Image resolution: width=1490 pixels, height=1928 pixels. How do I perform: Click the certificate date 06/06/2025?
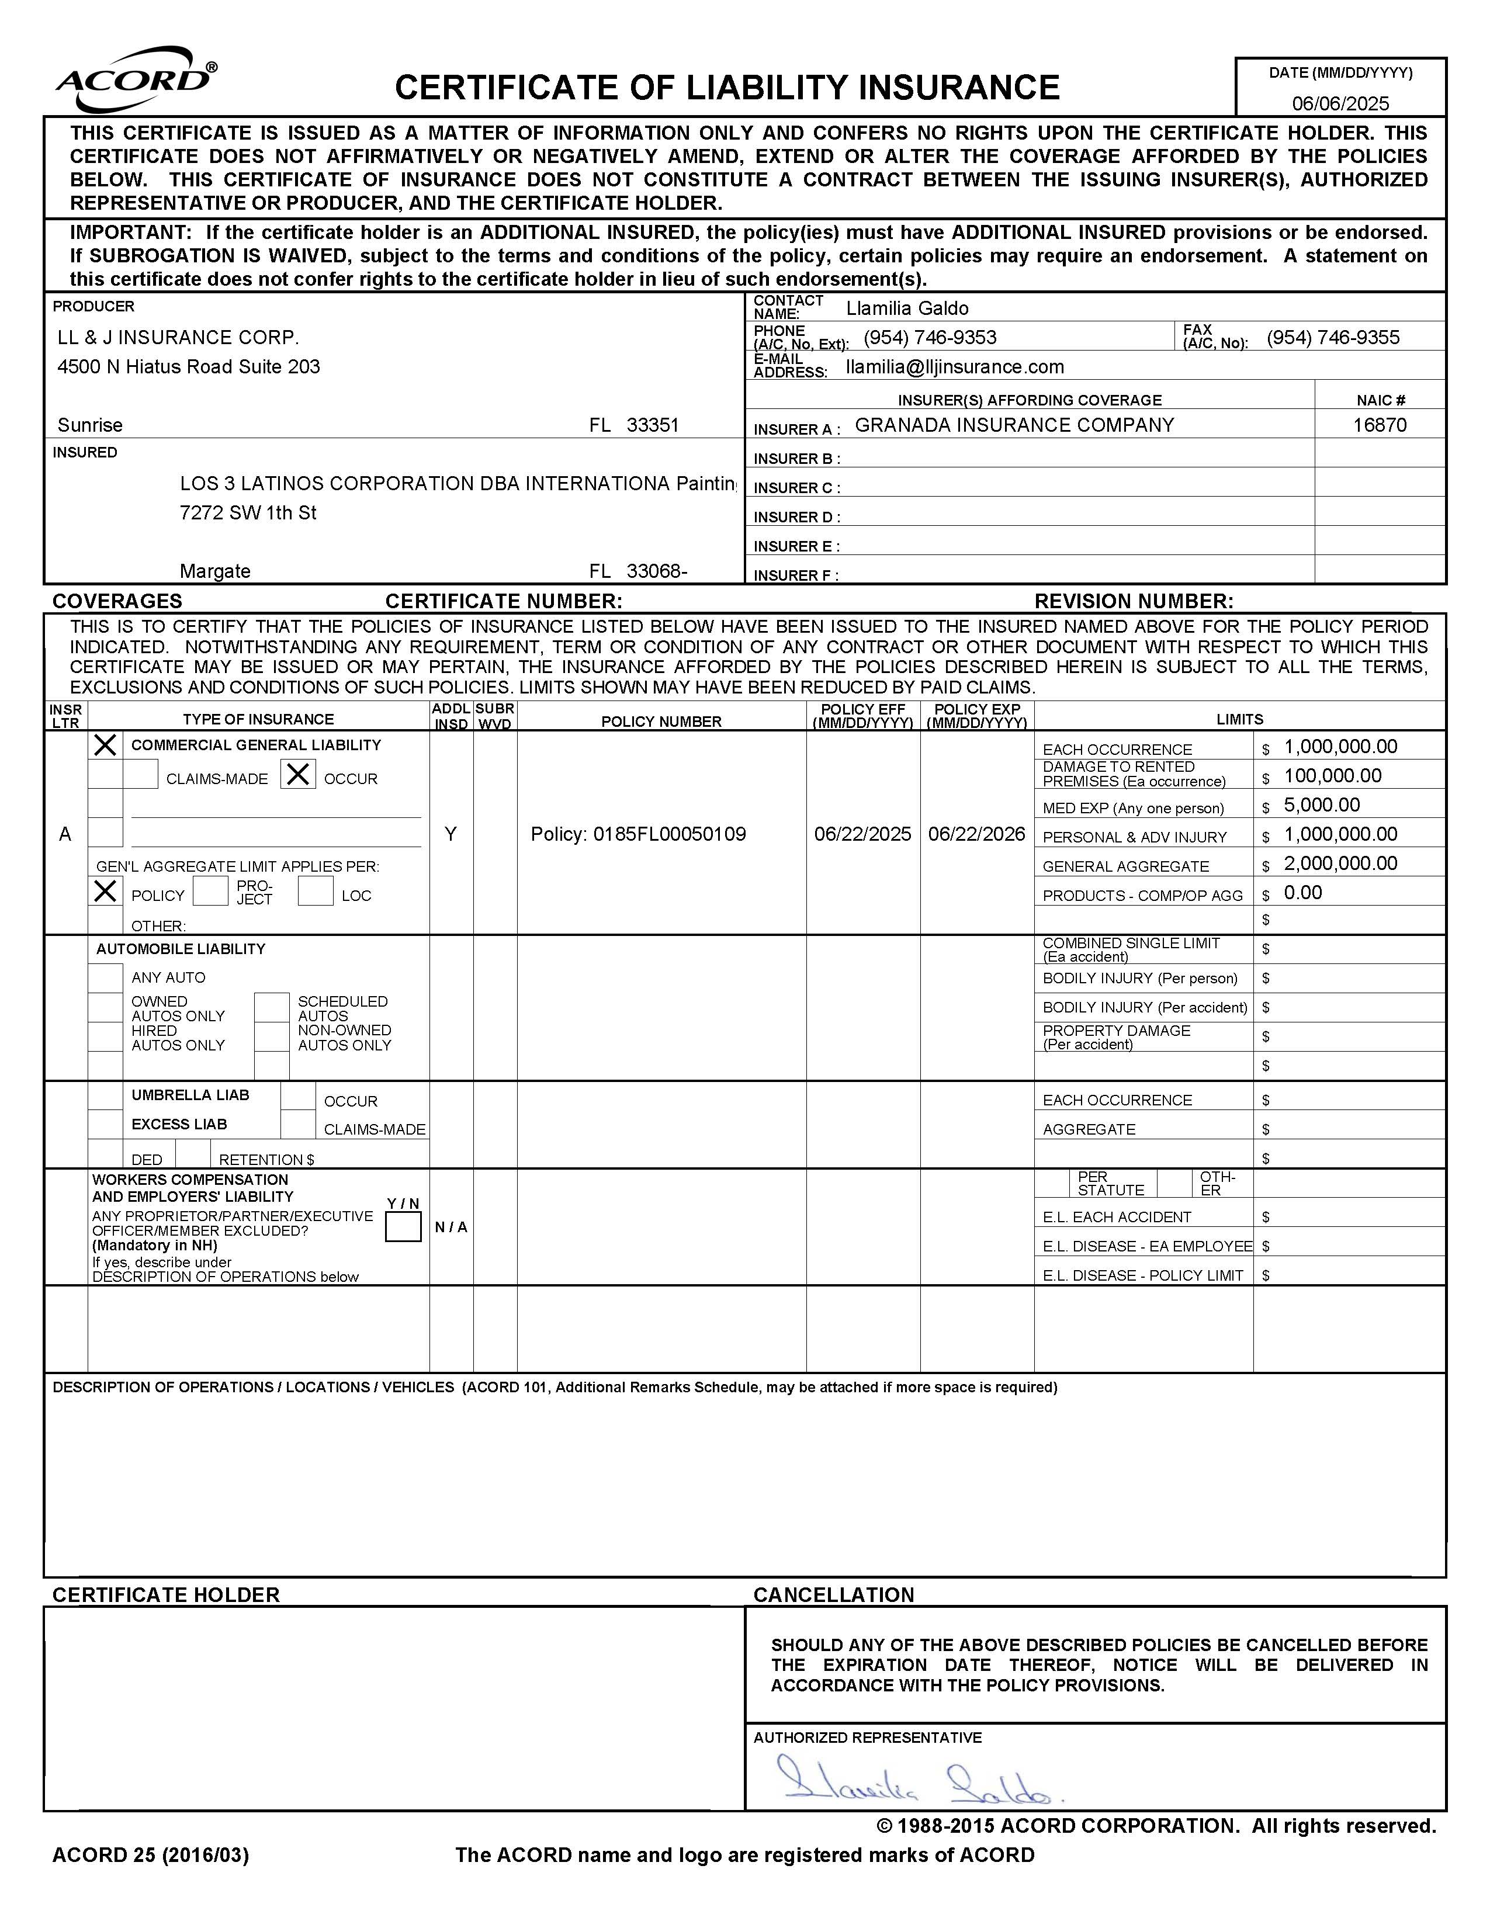coord(1340,103)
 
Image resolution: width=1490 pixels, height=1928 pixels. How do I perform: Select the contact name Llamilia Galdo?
coord(906,308)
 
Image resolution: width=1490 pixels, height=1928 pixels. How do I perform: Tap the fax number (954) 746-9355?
coord(1332,337)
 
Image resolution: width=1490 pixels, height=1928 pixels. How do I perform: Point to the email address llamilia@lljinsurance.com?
coord(954,366)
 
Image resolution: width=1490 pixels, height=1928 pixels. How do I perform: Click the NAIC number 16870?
coord(1379,425)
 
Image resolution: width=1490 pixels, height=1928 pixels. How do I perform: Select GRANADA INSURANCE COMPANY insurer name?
coord(1014,425)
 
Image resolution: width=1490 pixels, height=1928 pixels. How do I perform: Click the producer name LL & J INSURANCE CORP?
coord(178,337)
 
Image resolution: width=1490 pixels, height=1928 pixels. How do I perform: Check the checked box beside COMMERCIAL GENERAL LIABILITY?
coord(105,745)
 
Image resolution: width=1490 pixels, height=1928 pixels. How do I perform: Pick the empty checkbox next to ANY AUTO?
coord(105,977)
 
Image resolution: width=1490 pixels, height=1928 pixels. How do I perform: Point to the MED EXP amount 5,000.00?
coord(1321,805)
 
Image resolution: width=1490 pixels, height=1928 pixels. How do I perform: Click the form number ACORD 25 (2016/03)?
coord(151,1855)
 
